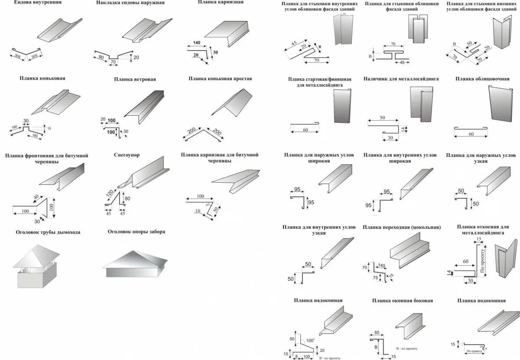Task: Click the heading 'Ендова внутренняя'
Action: (38, 3)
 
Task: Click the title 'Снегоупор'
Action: (127, 155)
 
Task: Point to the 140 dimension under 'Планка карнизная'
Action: (197, 43)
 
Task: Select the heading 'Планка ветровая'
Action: (135, 79)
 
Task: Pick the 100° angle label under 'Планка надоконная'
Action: (310, 340)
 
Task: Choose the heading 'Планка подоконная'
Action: (481, 300)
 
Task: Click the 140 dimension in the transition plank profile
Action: (382, 265)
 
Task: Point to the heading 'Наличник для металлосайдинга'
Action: (401, 79)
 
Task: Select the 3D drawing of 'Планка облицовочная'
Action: (503, 104)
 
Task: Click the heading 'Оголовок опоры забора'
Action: (136, 232)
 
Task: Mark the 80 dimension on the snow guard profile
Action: (127, 199)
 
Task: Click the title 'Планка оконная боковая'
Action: (402, 300)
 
